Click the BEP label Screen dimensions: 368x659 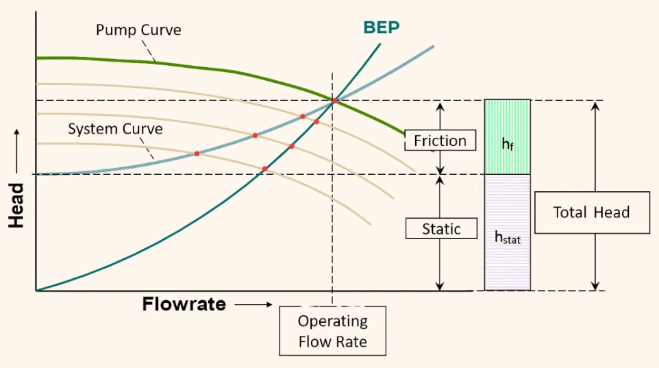pyautogui.click(x=382, y=27)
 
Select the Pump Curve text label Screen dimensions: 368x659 pyautogui.click(x=138, y=30)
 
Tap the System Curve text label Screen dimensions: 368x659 pyautogui.click(x=115, y=129)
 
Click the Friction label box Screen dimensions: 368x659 pyautogui.click(x=440, y=141)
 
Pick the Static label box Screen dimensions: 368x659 pyautogui.click(x=441, y=229)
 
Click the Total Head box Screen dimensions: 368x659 pyautogui.click(x=591, y=212)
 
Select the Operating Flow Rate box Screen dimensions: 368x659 pyautogui.click(x=332, y=331)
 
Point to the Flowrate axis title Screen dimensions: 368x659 pyautogui.click(x=184, y=304)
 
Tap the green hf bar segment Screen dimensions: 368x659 pyautogui.click(x=508, y=136)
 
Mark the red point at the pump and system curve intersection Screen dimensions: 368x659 pyautogui.click(x=335, y=101)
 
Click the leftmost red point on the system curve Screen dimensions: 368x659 pyautogui.click(x=197, y=154)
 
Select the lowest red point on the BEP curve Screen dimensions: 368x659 pyautogui.click(x=264, y=169)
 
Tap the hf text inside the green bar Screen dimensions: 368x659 pyautogui.click(x=508, y=145)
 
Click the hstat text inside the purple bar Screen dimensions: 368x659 pyautogui.click(x=508, y=237)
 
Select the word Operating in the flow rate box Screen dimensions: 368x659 pyautogui.click(x=332, y=321)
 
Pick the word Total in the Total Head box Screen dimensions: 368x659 pyautogui.click(x=569, y=212)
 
